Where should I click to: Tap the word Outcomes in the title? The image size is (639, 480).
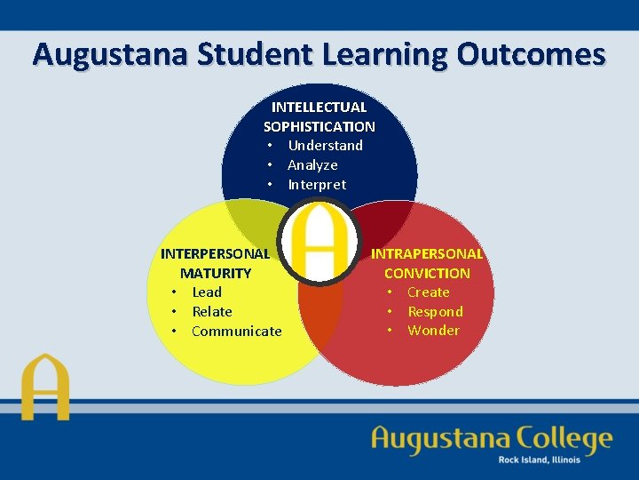tap(531, 54)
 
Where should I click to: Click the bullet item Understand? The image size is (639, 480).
tap(325, 145)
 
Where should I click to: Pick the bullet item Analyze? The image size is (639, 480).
tap(312, 164)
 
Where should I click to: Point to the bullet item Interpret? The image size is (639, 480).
tap(317, 184)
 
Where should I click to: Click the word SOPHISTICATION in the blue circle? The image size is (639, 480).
tap(319, 126)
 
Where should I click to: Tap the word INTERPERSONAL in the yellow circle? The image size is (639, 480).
tap(215, 253)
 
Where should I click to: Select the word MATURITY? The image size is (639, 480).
tap(216, 273)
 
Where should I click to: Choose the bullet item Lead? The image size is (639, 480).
tap(207, 292)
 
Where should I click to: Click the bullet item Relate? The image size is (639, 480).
tap(212, 311)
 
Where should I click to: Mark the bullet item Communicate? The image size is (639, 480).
tap(236, 331)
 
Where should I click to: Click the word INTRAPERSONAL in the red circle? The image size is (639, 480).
tap(427, 253)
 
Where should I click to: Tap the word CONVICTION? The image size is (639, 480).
tap(427, 273)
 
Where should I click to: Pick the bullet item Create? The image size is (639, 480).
tap(428, 292)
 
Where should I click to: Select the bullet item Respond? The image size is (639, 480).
tap(435, 311)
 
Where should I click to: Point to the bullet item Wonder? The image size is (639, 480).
tap(433, 330)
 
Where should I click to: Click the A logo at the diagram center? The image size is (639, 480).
tap(319, 241)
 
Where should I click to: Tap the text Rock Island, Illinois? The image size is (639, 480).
tap(539, 460)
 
